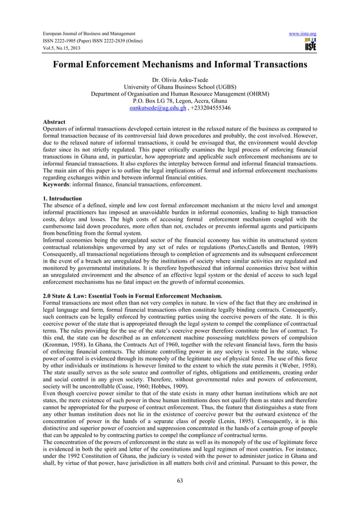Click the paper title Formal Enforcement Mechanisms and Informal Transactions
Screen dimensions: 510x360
[180, 65]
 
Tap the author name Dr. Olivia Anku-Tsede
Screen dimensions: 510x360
[180, 80]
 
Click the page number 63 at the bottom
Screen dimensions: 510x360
[180, 481]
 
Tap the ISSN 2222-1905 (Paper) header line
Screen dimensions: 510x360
[90, 42]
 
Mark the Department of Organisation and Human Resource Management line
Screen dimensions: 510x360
[180, 94]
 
